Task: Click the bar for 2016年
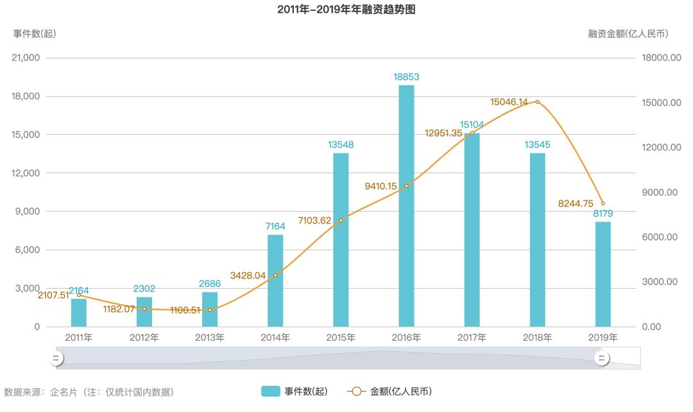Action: tap(406, 205)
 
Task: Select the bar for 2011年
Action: tap(79, 313)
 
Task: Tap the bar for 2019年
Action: tap(603, 274)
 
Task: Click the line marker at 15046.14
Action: tap(537, 101)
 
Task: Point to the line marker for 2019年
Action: tap(603, 203)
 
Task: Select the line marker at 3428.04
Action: tap(275, 275)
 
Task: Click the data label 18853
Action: tap(406, 77)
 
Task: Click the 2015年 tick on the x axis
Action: tap(341, 338)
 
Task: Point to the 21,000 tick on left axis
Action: tap(26, 58)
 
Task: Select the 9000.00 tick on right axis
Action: tap(662, 193)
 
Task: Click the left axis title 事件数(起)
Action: tap(35, 33)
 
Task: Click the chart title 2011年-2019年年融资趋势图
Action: tap(347, 10)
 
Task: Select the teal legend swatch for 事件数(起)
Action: tap(270, 391)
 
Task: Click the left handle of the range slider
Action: tap(56, 358)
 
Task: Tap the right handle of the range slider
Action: tap(603, 358)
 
